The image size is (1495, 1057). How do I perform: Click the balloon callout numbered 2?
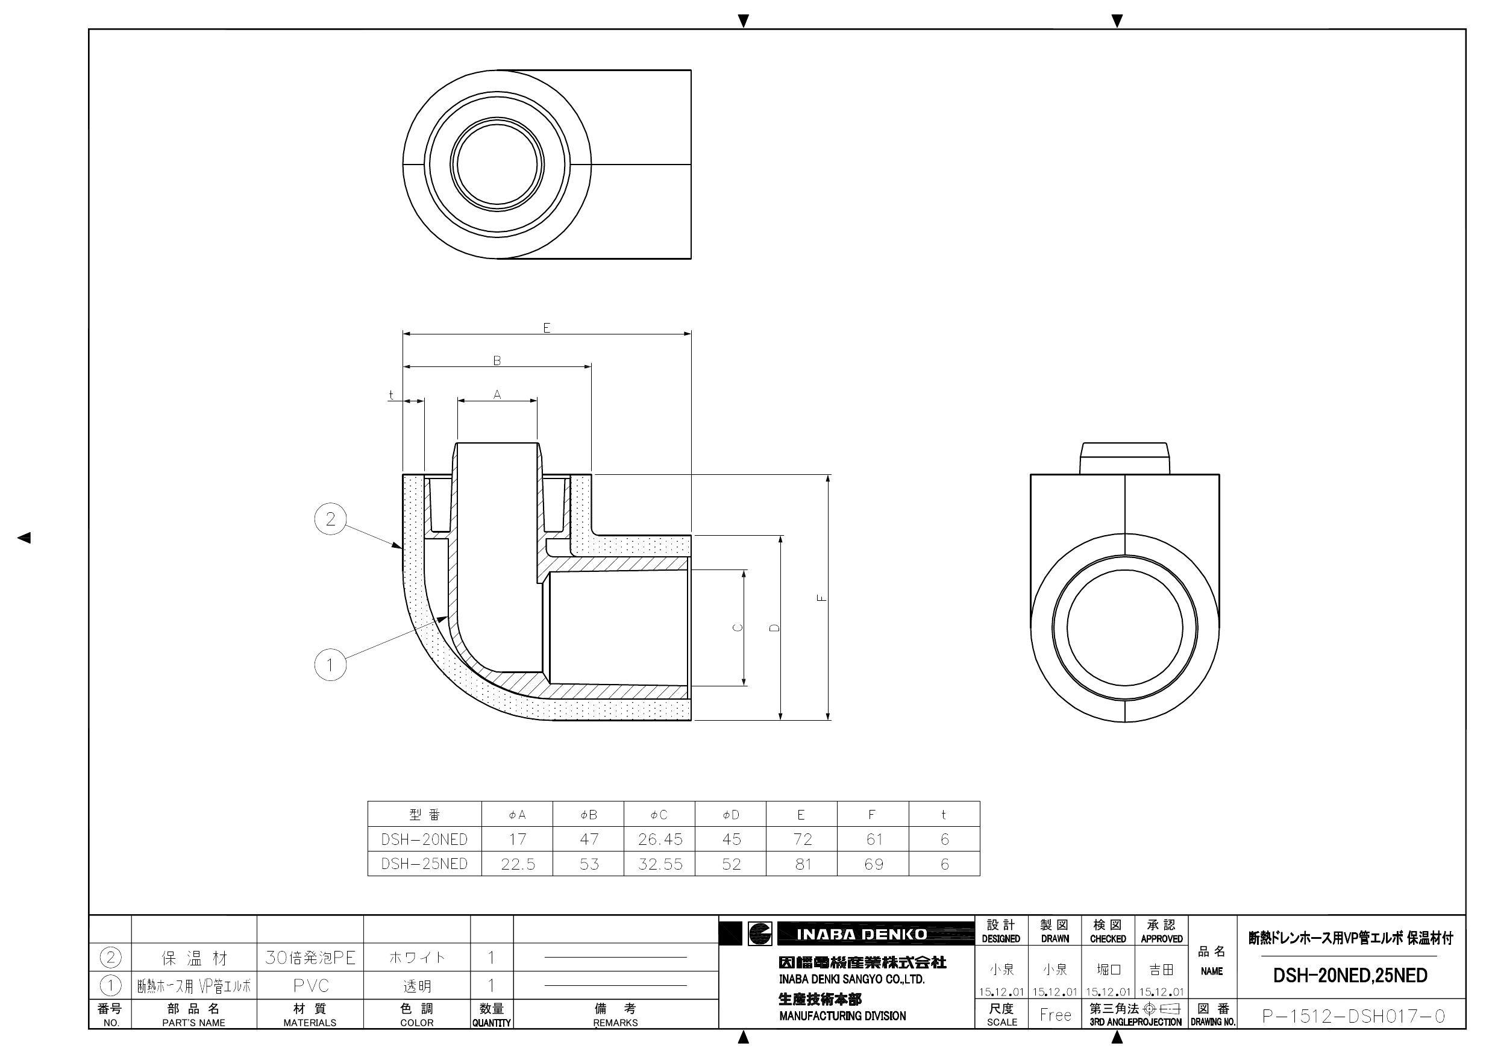[330, 519]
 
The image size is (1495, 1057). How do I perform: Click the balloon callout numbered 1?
[330, 665]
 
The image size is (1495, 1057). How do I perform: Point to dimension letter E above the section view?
[547, 328]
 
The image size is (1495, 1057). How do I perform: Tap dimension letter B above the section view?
[497, 361]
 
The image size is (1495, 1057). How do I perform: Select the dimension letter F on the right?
[823, 597]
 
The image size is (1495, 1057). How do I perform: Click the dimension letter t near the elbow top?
[390, 395]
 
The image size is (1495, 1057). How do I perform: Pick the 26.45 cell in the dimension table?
[660, 839]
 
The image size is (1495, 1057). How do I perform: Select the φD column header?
[730, 815]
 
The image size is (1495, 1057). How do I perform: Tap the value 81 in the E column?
[802, 864]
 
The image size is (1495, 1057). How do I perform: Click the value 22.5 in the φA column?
[518, 864]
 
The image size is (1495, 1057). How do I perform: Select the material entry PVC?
[310, 986]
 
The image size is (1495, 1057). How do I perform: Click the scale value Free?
[1055, 1015]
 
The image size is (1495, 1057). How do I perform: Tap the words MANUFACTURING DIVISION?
[842, 1016]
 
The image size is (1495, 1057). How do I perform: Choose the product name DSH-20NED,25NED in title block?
[1350, 976]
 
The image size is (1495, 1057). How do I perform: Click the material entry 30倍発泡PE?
[310, 958]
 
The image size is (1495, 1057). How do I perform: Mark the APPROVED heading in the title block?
[1162, 938]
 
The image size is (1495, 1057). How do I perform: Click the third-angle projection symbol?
[1162, 1009]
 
